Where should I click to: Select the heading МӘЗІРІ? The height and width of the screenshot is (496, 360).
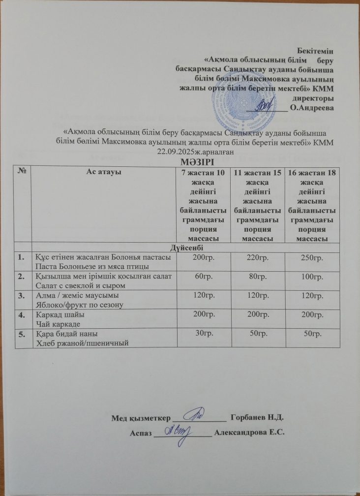(x=180, y=162)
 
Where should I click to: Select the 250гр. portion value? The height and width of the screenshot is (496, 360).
(x=310, y=257)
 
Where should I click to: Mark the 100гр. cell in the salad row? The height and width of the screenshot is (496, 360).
(x=310, y=277)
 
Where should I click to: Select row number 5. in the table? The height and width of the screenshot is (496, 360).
(x=21, y=334)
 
